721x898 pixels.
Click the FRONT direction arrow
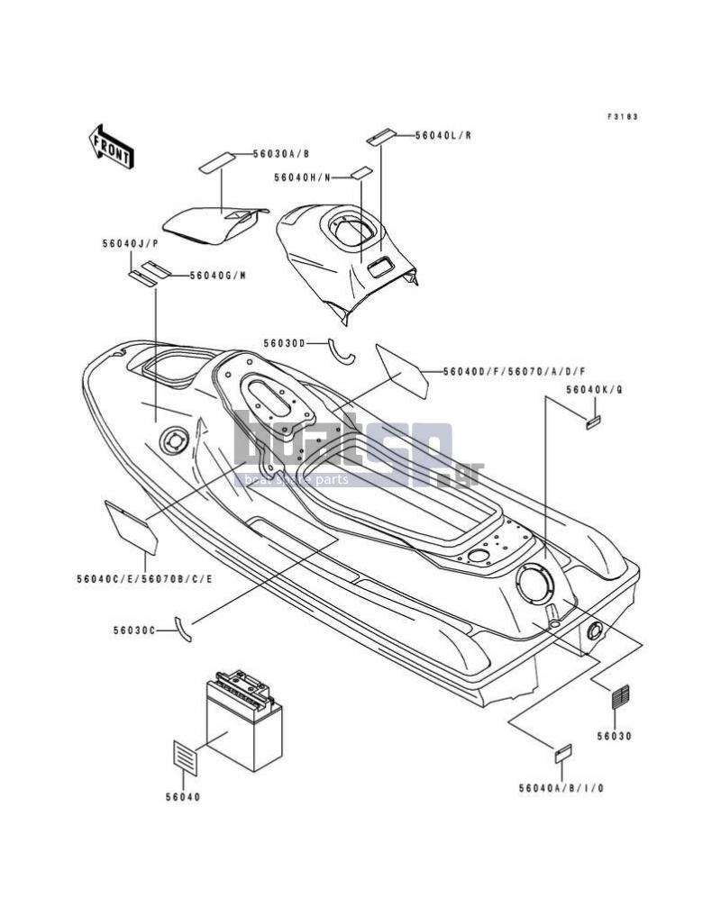click(x=111, y=146)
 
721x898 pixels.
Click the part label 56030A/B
click(x=281, y=153)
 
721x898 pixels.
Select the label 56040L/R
click(x=443, y=135)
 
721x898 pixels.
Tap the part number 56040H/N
click(x=302, y=177)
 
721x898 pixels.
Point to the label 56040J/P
click(x=130, y=243)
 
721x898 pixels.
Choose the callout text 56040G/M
click(x=218, y=276)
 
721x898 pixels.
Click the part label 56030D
click(x=285, y=343)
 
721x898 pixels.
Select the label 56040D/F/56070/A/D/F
click(x=514, y=372)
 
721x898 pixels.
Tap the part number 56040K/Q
click(x=594, y=390)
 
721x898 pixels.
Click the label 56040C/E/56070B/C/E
click(x=145, y=579)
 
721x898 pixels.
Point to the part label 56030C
click(x=134, y=630)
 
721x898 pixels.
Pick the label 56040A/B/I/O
click(x=561, y=789)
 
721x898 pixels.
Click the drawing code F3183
click(x=623, y=117)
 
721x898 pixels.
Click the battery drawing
click(x=244, y=721)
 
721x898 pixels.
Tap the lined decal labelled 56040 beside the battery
click(x=185, y=757)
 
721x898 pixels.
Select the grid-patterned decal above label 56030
click(x=621, y=697)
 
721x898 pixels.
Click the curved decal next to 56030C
click(x=183, y=629)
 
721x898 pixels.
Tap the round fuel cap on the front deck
click(x=174, y=441)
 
